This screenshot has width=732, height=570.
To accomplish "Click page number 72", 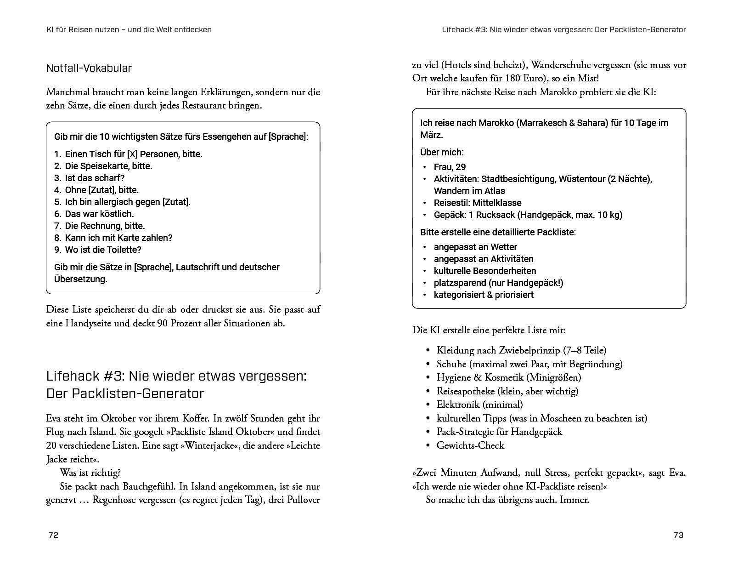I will coord(53,535).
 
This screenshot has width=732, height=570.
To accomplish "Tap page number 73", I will coord(678,535).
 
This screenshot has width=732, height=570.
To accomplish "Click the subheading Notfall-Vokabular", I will coord(89,68).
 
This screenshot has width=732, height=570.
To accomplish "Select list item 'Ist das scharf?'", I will coord(95,178).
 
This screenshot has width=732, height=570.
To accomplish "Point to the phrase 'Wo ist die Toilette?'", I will coord(103,250).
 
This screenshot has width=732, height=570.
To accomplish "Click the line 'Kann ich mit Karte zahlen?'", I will coord(118,238).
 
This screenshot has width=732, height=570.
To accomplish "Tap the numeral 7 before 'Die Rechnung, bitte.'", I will coord(57,226).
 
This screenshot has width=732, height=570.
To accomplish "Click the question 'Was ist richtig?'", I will coord(90,473).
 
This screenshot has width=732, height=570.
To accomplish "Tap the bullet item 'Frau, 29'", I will coord(450,167).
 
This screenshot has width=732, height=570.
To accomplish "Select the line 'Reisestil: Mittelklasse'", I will coord(478,203).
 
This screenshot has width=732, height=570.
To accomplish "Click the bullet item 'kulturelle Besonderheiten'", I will coord(485,271).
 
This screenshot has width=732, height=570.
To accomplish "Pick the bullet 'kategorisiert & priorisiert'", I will coord(484,295).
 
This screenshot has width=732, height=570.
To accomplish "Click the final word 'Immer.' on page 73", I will coord(574,500).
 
